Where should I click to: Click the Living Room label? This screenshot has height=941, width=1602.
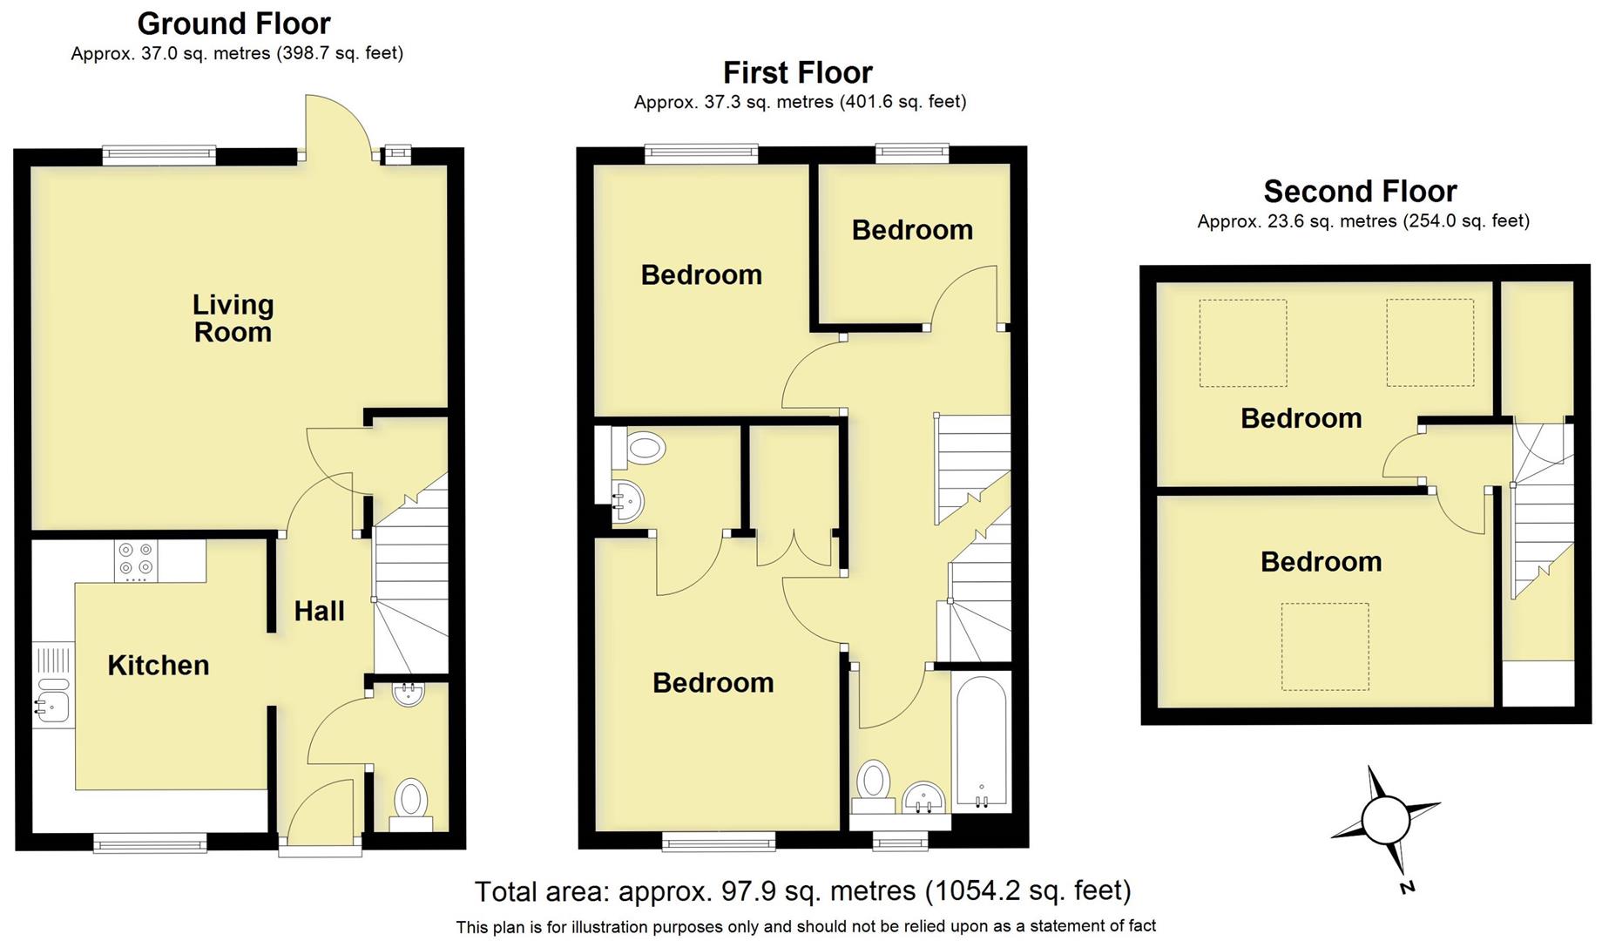[233, 318]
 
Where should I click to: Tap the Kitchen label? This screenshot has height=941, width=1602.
[158, 666]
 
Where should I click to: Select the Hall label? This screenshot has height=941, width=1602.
[319, 612]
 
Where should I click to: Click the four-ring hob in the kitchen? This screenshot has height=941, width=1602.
[136, 560]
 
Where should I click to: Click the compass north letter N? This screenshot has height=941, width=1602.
[1406, 888]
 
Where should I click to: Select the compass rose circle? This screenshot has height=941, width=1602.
[1385, 821]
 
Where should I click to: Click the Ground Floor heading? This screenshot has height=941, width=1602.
[233, 24]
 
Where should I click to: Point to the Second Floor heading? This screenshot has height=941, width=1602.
[1360, 192]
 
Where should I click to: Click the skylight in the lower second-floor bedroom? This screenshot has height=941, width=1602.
[1324, 647]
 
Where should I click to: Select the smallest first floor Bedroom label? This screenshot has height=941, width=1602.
[911, 230]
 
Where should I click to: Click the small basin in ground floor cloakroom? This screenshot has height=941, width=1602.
[409, 694]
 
